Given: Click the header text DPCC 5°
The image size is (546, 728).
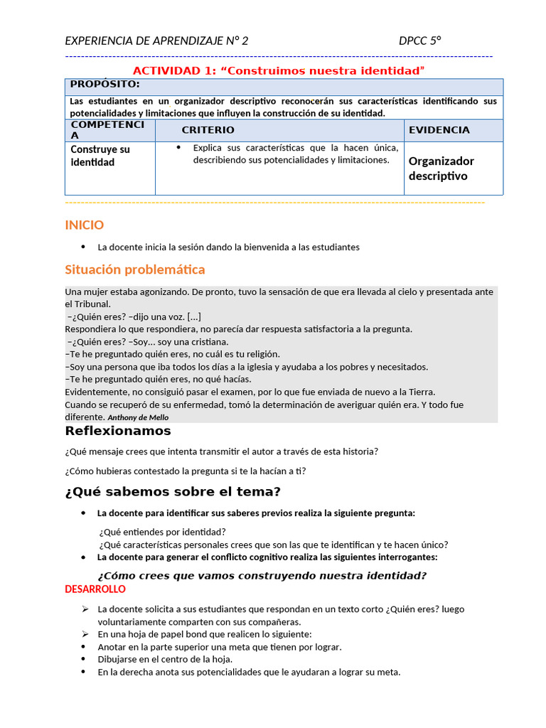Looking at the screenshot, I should tap(420, 41).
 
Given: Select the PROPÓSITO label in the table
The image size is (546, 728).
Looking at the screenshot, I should tap(105, 85).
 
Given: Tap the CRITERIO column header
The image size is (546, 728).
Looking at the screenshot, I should tap(208, 130).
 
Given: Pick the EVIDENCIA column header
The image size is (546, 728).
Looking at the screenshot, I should tap(439, 130).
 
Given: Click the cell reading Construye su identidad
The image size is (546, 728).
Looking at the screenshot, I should tap(100, 156).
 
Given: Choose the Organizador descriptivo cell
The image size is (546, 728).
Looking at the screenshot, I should tap(441, 168).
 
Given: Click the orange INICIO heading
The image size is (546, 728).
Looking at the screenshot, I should tap(84, 225).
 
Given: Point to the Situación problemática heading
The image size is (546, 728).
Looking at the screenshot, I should tap(134, 269).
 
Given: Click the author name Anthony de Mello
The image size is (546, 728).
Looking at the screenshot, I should tap(138, 418).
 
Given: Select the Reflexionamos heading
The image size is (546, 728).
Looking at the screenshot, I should tap(118, 431).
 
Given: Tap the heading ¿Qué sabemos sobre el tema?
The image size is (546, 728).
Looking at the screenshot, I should tap(173, 492).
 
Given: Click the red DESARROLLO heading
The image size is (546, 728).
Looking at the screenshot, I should tap(95, 589).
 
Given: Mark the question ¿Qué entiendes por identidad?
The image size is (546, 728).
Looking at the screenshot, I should tap(162, 532).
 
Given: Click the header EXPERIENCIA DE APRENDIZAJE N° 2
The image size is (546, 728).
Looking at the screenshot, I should tap(156, 41).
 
